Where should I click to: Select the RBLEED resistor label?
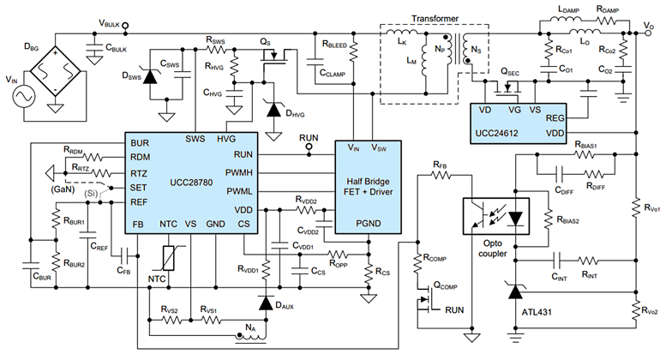tap(336, 43)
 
